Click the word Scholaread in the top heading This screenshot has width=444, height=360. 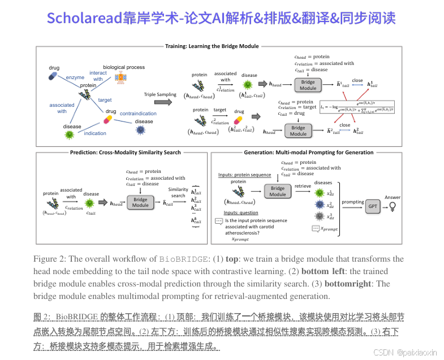84,18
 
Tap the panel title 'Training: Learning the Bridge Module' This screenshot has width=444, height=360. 212,46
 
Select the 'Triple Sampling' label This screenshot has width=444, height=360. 161,94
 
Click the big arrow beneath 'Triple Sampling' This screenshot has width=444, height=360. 163,102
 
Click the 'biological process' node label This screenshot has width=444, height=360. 124,67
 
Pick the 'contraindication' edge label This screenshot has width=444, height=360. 139,114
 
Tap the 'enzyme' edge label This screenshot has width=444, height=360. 75,77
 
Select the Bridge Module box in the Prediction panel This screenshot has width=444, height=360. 141,202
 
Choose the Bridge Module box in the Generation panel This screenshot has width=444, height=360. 278,192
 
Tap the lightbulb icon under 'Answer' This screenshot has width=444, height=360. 391,206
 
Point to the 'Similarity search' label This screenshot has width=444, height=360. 178,193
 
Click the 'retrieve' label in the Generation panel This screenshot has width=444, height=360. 303,185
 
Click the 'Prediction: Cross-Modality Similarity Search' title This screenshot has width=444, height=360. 125,153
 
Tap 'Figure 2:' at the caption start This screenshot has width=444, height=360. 49,259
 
